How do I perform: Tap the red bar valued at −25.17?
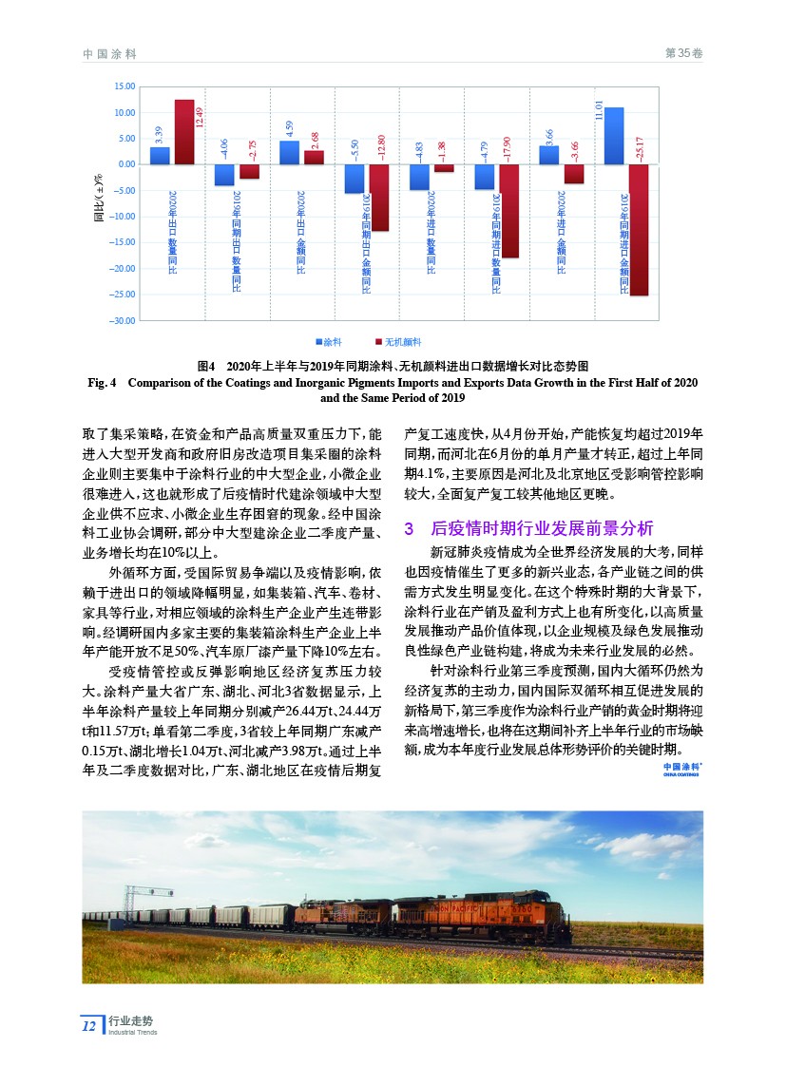(638, 229)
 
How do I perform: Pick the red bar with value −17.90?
(508, 211)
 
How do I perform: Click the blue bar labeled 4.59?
(290, 152)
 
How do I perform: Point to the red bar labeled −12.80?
(379, 198)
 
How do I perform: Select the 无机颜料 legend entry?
(398, 339)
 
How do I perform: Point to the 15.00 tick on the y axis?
(124, 86)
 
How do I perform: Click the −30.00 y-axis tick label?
(122, 321)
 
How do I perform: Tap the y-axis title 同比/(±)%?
(98, 199)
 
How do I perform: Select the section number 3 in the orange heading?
(410, 527)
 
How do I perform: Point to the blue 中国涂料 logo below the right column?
(682, 768)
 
